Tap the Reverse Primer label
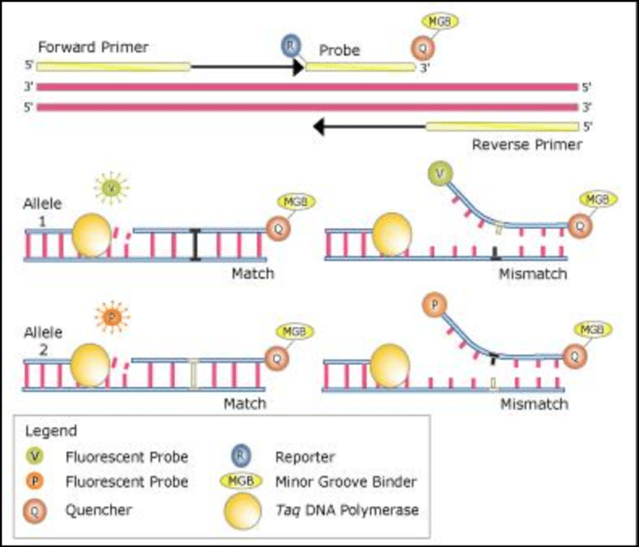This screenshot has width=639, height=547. pyautogui.click(x=526, y=144)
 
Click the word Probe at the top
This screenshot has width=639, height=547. pyautogui.click(x=339, y=51)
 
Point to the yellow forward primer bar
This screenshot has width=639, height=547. pyautogui.click(x=113, y=66)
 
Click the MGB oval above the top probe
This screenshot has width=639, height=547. pyautogui.click(x=438, y=22)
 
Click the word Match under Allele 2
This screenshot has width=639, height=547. pyautogui.click(x=245, y=403)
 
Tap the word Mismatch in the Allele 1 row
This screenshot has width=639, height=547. pyautogui.click(x=532, y=273)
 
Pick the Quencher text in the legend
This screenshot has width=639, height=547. pyautogui.click(x=98, y=510)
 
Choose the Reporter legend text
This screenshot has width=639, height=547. pyautogui.click(x=305, y=456)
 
